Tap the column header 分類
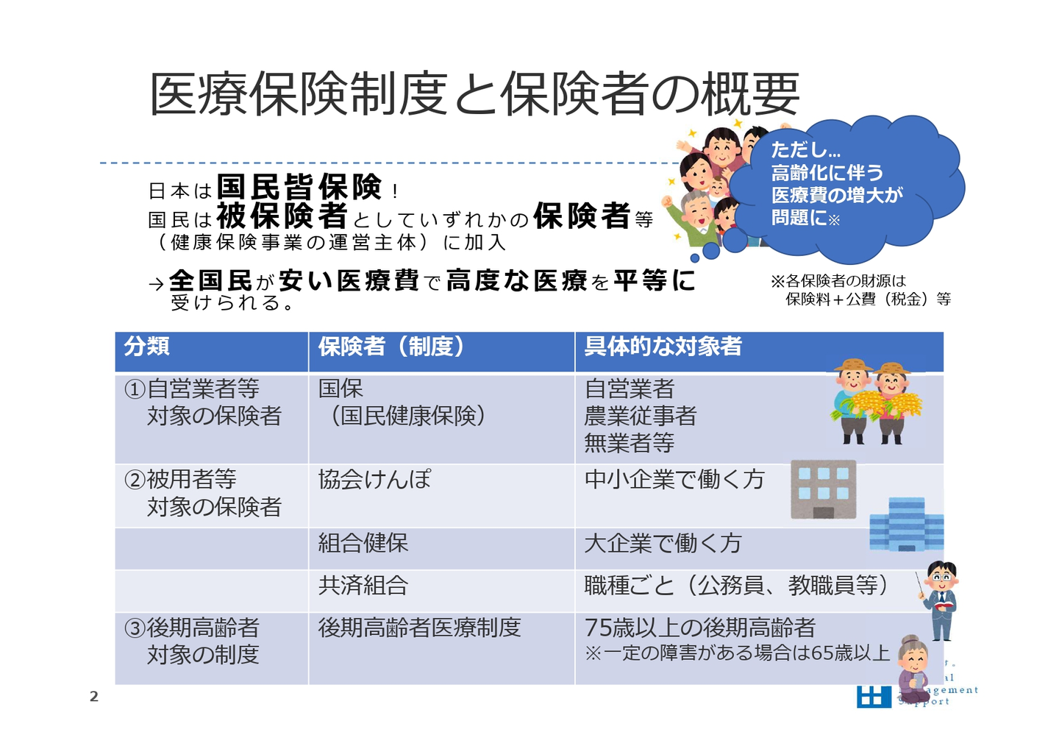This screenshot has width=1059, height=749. coord(146,346)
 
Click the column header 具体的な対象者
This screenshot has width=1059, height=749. coord(663,346)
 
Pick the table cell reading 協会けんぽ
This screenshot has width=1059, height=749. coord(374,479)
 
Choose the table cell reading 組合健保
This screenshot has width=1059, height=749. coord(363,543)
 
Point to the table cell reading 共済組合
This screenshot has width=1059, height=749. coord(363,586)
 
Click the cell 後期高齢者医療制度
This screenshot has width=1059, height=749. coord(419,628)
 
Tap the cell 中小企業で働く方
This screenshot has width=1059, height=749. coord(674,479)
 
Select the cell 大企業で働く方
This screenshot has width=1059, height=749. coord(663,543)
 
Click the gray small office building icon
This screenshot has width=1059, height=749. coord(823,489)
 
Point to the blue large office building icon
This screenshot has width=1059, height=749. coord(906,525)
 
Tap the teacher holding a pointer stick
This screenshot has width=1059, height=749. coord(938,600)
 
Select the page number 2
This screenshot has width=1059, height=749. coord(94,697)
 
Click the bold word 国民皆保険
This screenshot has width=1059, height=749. coord(299,187)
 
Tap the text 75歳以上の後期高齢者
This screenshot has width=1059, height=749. coord(699,628)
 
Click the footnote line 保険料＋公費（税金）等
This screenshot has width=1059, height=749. coord(868,299)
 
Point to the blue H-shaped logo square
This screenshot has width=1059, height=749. coord(873,697)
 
